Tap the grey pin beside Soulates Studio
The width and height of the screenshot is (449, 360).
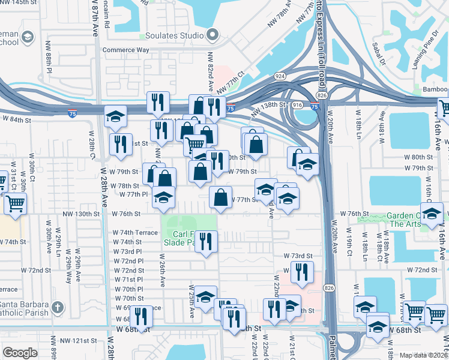[211, 35]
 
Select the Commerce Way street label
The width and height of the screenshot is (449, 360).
[126, 50]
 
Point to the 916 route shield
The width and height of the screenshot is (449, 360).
[297, 104]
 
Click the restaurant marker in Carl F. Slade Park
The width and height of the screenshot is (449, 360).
[206, 242]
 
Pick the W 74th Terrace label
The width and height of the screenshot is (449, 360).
[136, 232]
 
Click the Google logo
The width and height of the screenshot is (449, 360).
[20, 353]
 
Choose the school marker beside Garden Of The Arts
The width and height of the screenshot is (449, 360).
[432, 215]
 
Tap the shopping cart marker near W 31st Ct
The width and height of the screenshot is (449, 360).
[15, 204]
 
